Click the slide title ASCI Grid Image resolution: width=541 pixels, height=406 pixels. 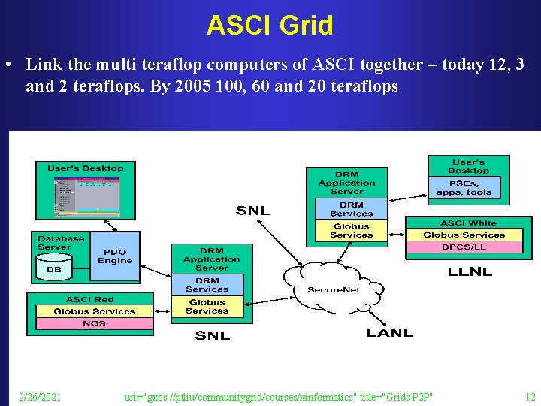pyautogui.click(x=270, y=26)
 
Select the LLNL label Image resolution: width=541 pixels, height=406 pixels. pyautogui.click(x=470, y=271)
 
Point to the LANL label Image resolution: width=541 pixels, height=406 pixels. pyautogui.click(x=389, y=332)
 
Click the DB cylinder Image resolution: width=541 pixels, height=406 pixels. pyautogui.click(x=54, y=268)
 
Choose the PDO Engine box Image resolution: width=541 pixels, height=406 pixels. pyautogui.click(x=114, y=256)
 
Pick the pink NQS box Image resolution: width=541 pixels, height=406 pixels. pyautogui.click(x=94, y=323)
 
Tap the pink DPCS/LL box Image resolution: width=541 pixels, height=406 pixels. pyautogui.click(x=464, y=247)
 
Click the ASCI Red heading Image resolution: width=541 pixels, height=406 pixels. pyautogui.click(x=90, y=299)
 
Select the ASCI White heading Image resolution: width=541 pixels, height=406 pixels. pyautogui.click(x=468, y=223)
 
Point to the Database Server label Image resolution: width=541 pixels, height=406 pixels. pyautogui.click(x=61, y=243)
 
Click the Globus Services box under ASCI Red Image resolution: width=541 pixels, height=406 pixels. pyautogui.click(x=95, y=311)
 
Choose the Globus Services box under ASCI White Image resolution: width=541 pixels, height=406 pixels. pyautogui.click(x=464, y=235)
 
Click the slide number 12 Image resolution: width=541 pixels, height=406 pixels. pyautogui.click(x=530, y=396)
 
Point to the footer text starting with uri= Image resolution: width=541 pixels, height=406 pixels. pyautogui.click(x=279, y=396)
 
